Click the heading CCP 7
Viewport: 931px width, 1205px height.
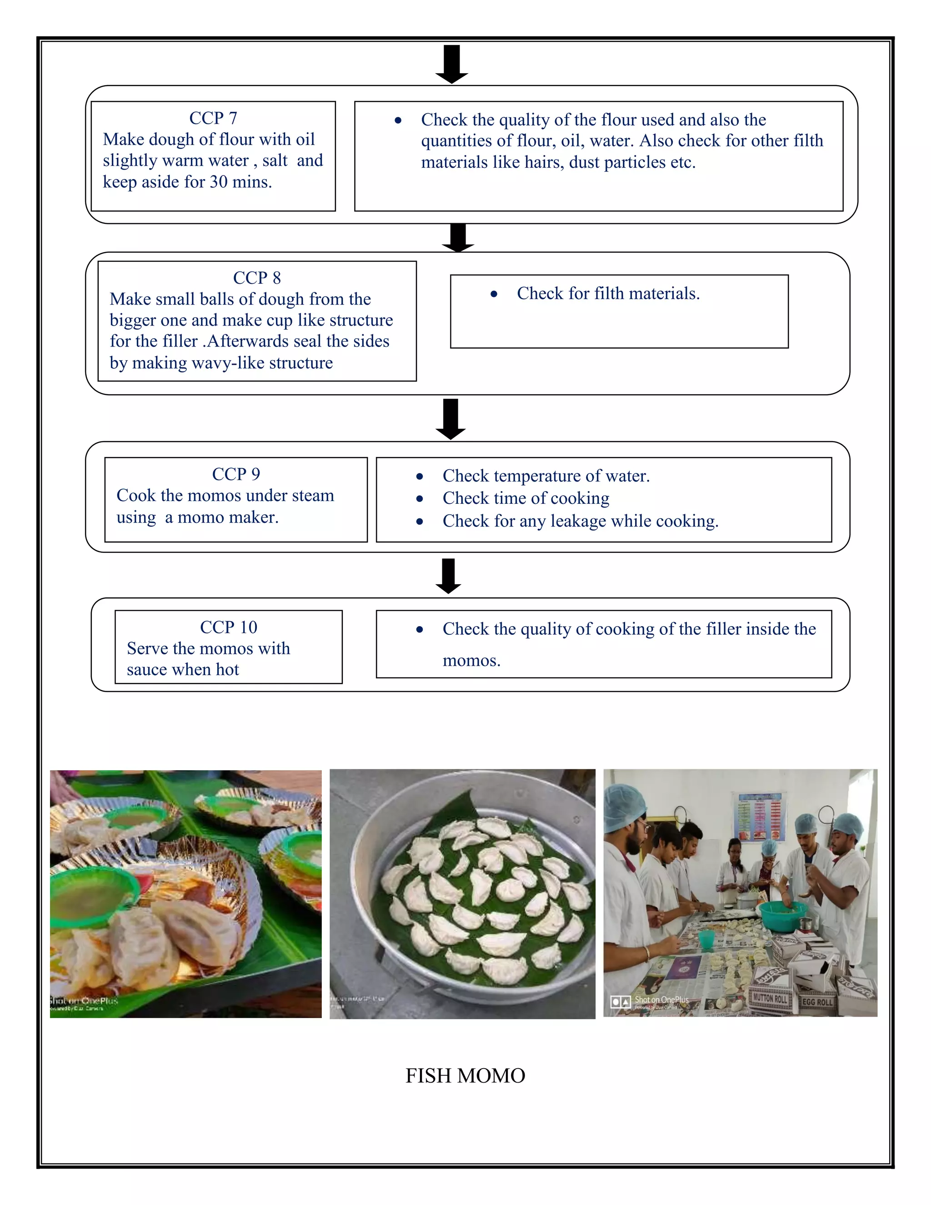pos(213,118)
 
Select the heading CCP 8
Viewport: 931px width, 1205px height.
pos(256,277)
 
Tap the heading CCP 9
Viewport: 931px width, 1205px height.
pos(235,474)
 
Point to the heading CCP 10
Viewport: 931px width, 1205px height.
pos(228,628)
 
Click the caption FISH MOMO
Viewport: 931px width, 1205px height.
pos(465,1076)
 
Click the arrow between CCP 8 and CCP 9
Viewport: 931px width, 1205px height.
pos(450,419)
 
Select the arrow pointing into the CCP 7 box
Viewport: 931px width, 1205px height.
pos(452,64)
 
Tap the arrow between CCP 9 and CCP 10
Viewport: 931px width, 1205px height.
pos(448,576)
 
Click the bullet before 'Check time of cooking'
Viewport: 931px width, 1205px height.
pos(420,499)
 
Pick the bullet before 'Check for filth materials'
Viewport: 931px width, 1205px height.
pos(494,295)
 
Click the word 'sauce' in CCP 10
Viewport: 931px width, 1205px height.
pos(147,670)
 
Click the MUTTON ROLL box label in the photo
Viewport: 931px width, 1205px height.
pos(770,999)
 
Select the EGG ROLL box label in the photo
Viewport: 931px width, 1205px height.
pos(817,1002)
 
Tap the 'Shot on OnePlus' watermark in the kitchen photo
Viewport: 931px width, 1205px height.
pos(661,1000)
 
